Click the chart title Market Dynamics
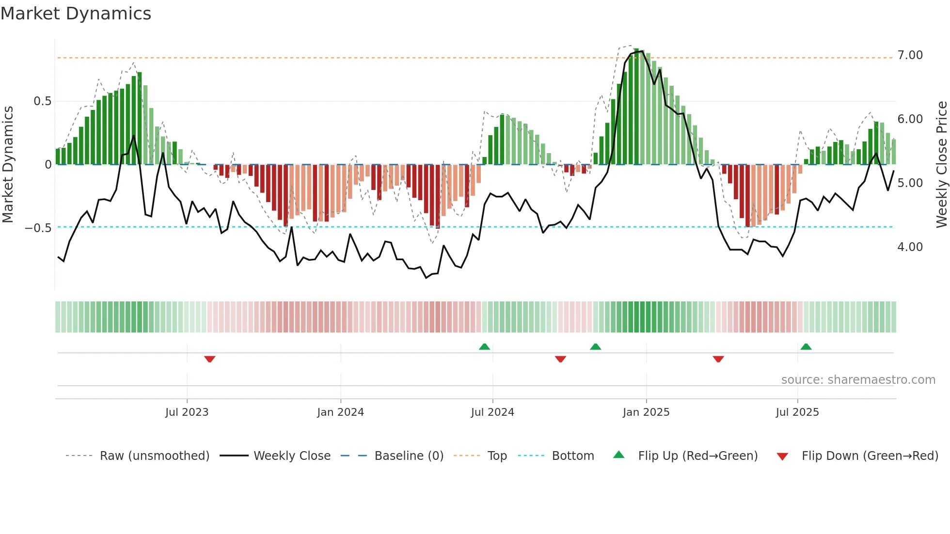click(x=76, y=14)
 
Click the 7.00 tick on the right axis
click(x=910, y=55)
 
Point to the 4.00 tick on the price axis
click(x=910, y=247)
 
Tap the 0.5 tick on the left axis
click(x=42, y=101)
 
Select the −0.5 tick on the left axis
click(x=38, y=228)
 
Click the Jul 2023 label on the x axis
click(x=187, y=412)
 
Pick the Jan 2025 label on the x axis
click(x=646, y=412)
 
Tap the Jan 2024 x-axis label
click(x=340, y=412)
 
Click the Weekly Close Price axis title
click(x=941, y=164)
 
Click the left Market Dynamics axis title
click(x=8, y=164)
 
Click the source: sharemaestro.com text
click(x=858, y=380)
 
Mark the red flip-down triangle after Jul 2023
click(x=209, y=359)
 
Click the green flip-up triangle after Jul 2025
click(x=806, y=346)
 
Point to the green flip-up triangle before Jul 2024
click(x=484, y=346)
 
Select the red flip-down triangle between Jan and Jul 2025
click(x=718, y=359)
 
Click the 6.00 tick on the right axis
click(x=910, y=119)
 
